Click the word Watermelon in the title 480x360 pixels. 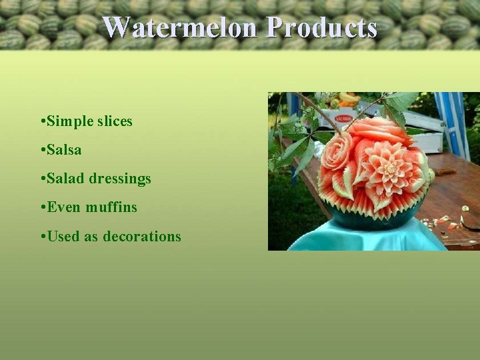181,28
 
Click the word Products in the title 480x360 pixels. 321,28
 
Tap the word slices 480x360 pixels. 115,121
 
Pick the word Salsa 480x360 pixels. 64,150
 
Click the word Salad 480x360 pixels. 67,179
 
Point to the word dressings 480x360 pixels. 120,179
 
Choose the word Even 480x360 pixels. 65,207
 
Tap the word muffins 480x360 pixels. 111,207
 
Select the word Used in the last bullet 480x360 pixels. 64,236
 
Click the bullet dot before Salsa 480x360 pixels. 42,151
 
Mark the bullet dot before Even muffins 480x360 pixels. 42,208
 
